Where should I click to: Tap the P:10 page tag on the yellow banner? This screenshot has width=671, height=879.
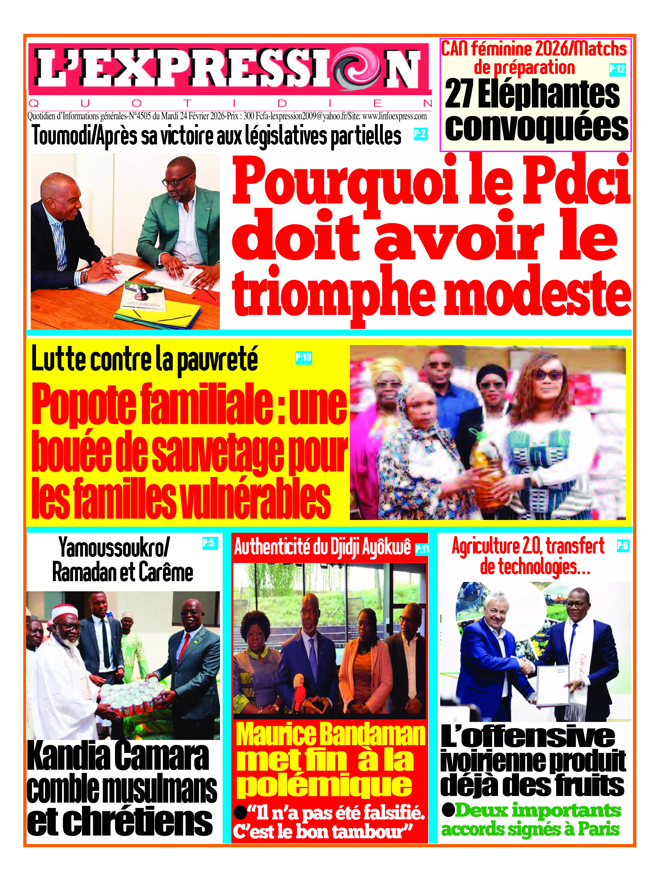point(303,357)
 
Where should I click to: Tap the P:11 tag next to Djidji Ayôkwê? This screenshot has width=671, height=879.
point(422,550)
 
